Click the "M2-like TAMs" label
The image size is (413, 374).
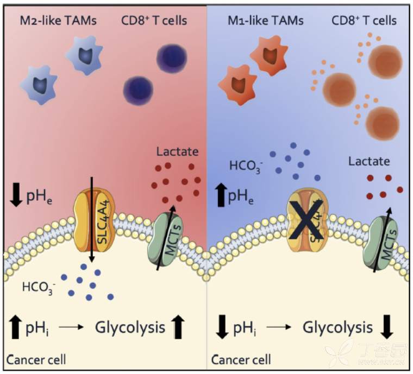pyautogui.click(x=57, y=21)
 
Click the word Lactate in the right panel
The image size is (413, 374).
pyautogui.click(x=370, y=161)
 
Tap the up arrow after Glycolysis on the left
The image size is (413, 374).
pyautogui.click(x=178, y=328)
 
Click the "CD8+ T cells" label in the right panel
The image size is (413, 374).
pyautogui.click(x=363, y=21)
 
